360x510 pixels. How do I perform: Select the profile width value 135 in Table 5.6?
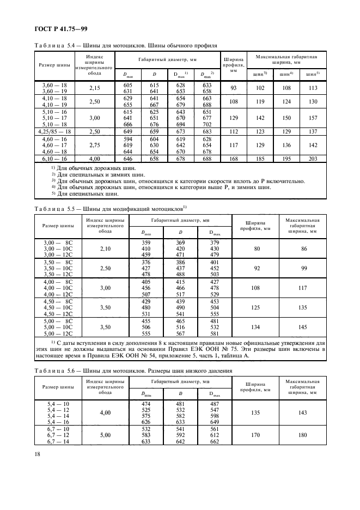click(x=251, y=413)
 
